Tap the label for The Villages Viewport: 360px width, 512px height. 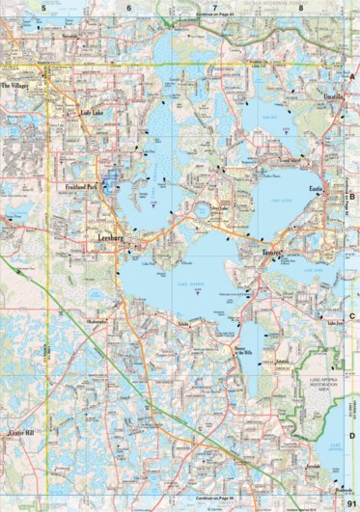16,85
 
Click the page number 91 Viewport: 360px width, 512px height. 350,501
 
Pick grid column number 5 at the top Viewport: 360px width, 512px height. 43,7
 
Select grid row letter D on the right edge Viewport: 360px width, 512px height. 352,407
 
